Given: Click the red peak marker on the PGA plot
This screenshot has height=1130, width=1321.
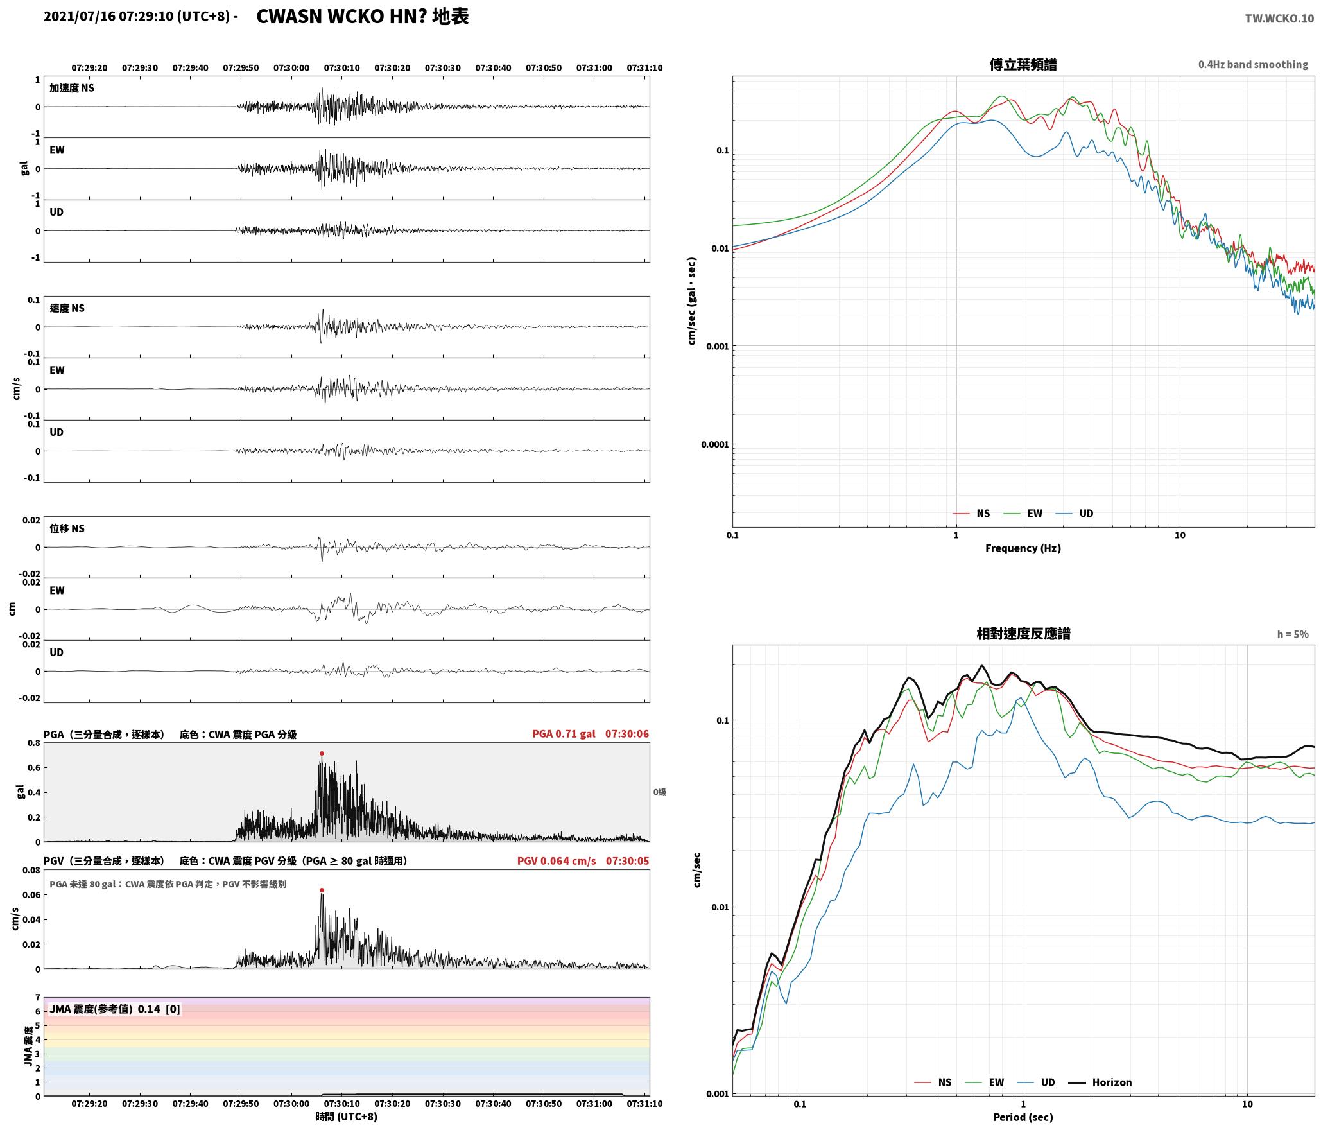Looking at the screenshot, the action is click(322, 753).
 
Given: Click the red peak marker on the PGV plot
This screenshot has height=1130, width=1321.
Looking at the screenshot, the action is click(322, 890).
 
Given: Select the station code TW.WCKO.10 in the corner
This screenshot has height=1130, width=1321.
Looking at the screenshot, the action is click(1279, 19).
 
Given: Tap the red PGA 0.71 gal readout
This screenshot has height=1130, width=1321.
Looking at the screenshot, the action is click(564, 734).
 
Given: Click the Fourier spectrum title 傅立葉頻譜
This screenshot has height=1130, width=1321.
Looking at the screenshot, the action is click(1023, 65).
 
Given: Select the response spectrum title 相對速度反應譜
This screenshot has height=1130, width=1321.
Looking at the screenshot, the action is click(1023, 634).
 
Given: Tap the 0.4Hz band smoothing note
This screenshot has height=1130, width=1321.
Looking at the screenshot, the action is click(1253, 65).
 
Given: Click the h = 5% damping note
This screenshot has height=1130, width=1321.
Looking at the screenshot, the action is click(1292, 634).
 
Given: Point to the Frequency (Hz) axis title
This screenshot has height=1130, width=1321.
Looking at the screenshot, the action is click(1023, 548).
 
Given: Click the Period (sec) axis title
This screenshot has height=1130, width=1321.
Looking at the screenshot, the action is click(1023, 1117).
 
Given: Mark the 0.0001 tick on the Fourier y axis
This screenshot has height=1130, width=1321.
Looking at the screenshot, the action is click(712, 444).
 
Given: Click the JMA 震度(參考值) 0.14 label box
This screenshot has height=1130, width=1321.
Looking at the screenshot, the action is click(115, 1009).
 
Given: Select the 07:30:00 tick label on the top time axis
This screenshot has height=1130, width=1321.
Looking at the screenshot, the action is click(291, 68).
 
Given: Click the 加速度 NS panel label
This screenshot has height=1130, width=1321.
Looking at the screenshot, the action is click(72, 88).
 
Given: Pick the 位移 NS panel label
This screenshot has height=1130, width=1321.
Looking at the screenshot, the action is click(67, 529).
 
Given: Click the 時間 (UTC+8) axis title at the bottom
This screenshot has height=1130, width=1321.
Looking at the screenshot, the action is click(346, 1117).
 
